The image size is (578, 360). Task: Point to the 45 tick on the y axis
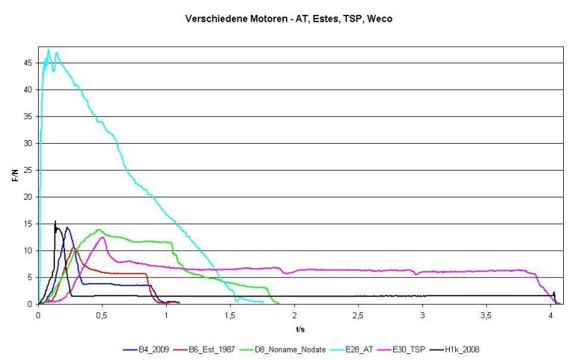(x=28, y=63)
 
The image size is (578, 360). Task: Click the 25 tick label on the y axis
(x=28, y=170)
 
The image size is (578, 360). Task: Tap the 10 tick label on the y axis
(x=28, y=250)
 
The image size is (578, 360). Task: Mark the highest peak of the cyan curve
(x=48, y=50)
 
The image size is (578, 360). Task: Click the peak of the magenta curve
(x=102, y=237)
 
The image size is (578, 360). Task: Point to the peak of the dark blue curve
(x=67, y=227)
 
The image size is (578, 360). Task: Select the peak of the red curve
(x=74, y=247)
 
